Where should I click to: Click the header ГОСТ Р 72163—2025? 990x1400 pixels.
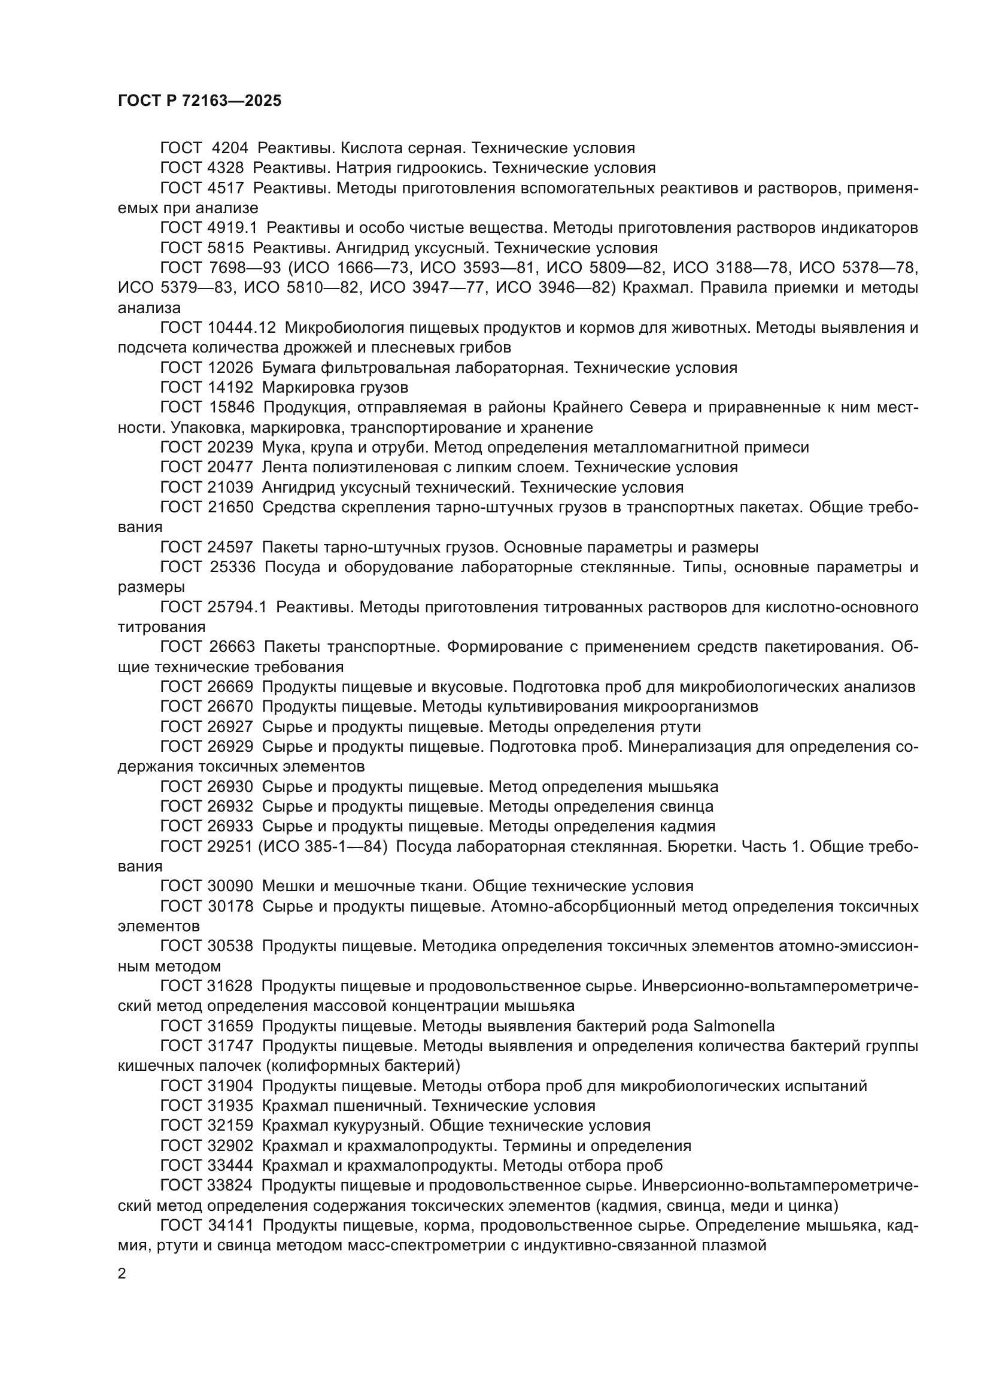point(199,101)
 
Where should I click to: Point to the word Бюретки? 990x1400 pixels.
point(700,846)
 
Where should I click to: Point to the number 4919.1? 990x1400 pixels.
point(232,228)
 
